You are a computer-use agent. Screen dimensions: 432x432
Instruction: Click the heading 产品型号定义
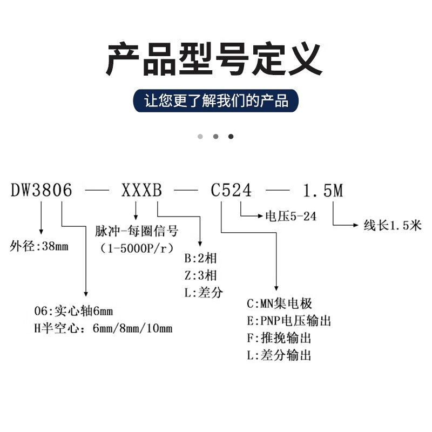(x=214, y=59)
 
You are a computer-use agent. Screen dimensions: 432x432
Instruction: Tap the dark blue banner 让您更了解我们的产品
(x=215, y=100)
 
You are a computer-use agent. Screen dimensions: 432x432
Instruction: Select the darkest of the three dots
(x=231, y=137)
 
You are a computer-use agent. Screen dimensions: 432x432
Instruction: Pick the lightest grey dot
(x=200, y=137)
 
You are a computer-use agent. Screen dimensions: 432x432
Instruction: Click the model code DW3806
(x=42, y=190)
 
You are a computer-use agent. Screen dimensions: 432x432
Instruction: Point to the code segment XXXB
(x=141, y=190)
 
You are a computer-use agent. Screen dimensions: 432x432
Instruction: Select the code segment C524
(x=231, y=190)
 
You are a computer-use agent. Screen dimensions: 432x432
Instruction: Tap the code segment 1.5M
(x=323, y=191)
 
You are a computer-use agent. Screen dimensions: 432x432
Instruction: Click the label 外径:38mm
(x=39, y=246)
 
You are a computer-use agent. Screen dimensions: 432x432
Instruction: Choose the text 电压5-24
(x=291, y=217)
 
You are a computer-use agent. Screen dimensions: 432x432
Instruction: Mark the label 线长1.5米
(x=393, y=225)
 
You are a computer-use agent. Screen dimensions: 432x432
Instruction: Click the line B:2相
(x=200, y=259)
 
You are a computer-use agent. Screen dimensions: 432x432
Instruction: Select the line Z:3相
(x=200, y=275)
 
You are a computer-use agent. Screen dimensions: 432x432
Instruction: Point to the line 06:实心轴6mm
(x=73, y=311)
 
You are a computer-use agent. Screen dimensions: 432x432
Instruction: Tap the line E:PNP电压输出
(x=289, y=321)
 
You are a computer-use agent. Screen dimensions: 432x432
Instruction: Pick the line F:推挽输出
(x=279, y=338)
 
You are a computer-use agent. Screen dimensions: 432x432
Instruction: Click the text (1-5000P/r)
(x=137, y=248)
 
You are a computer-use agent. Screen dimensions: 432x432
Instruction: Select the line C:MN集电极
(x=279, y=303)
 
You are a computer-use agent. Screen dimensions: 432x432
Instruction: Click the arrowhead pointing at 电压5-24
(x=260, y=216)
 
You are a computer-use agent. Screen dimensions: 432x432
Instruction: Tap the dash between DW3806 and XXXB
(x=97, y=190)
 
